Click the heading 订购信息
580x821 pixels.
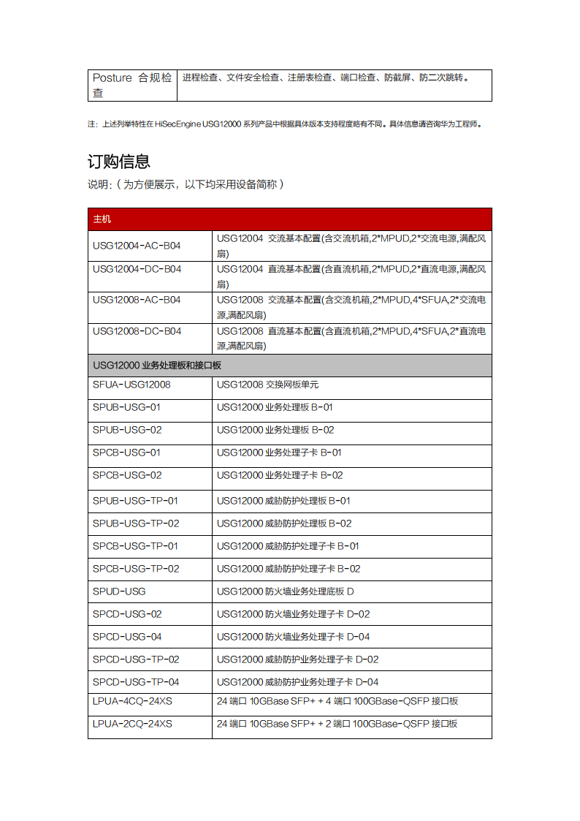pyautogui.click(x=119, y=162)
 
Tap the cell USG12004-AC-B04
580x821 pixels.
pyautogui.click(x=137, y=246)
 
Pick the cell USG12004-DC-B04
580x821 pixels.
pyautogui.click(x=137, y=269)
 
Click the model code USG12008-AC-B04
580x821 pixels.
pyautogui.click(x=137, y=300)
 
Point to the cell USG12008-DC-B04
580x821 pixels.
pyautogui.click(x=137, y=331)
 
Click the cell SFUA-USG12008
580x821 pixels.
pyautogui.click(x=131, y=384)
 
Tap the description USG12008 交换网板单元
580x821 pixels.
pyautogui.click(x=267, y=384)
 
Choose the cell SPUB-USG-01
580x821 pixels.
pyautogui.click(x=126, y=406)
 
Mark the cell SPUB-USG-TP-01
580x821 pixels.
pyautogui.click(x=135, y=501)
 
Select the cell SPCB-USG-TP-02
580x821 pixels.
pyautogui.click(x=136, y=569)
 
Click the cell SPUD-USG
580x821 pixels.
pyautogui.click(x=119, y=591)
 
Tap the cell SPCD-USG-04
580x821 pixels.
pyautogui.click(x=127, y=637)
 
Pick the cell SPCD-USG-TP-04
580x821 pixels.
pyautogui.click(x=136, y=682)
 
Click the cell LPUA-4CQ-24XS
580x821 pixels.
pyautogui.click(x=132, y=701)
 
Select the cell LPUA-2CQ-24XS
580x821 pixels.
pyautogui.click(x=132, y=724)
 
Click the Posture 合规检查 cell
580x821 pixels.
pyautogui.click(x=132, y=85)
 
